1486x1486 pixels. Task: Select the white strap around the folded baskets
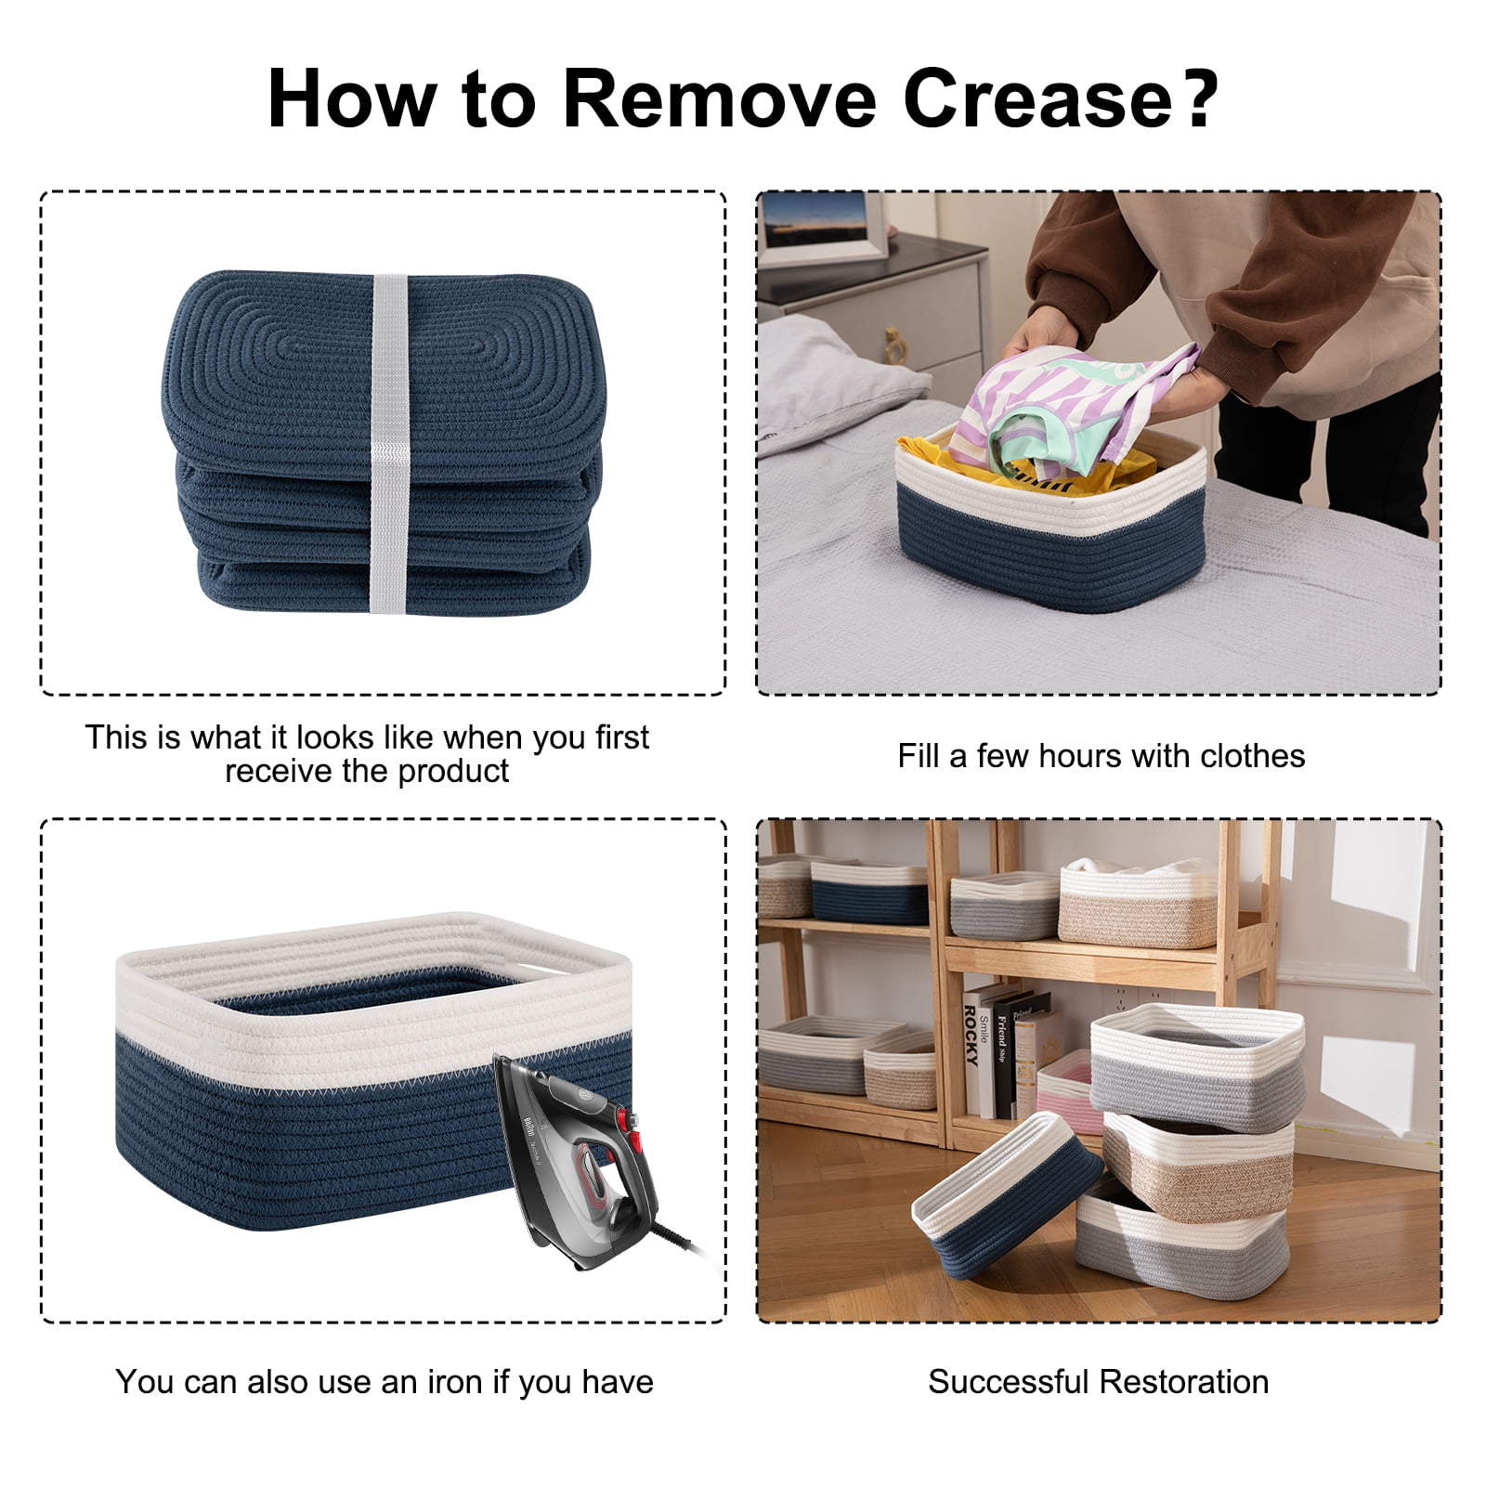(x=390, y=443)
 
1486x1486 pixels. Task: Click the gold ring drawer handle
(x=895, y=346)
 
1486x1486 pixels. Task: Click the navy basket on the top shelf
(x=869, y=893)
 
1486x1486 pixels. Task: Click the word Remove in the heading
(x=719, y=98)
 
